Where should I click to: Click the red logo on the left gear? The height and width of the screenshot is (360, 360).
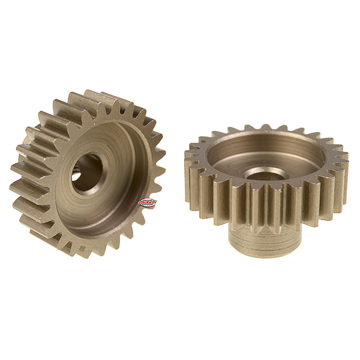[147, 203]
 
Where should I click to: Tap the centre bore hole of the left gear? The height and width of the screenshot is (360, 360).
[87, 173]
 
